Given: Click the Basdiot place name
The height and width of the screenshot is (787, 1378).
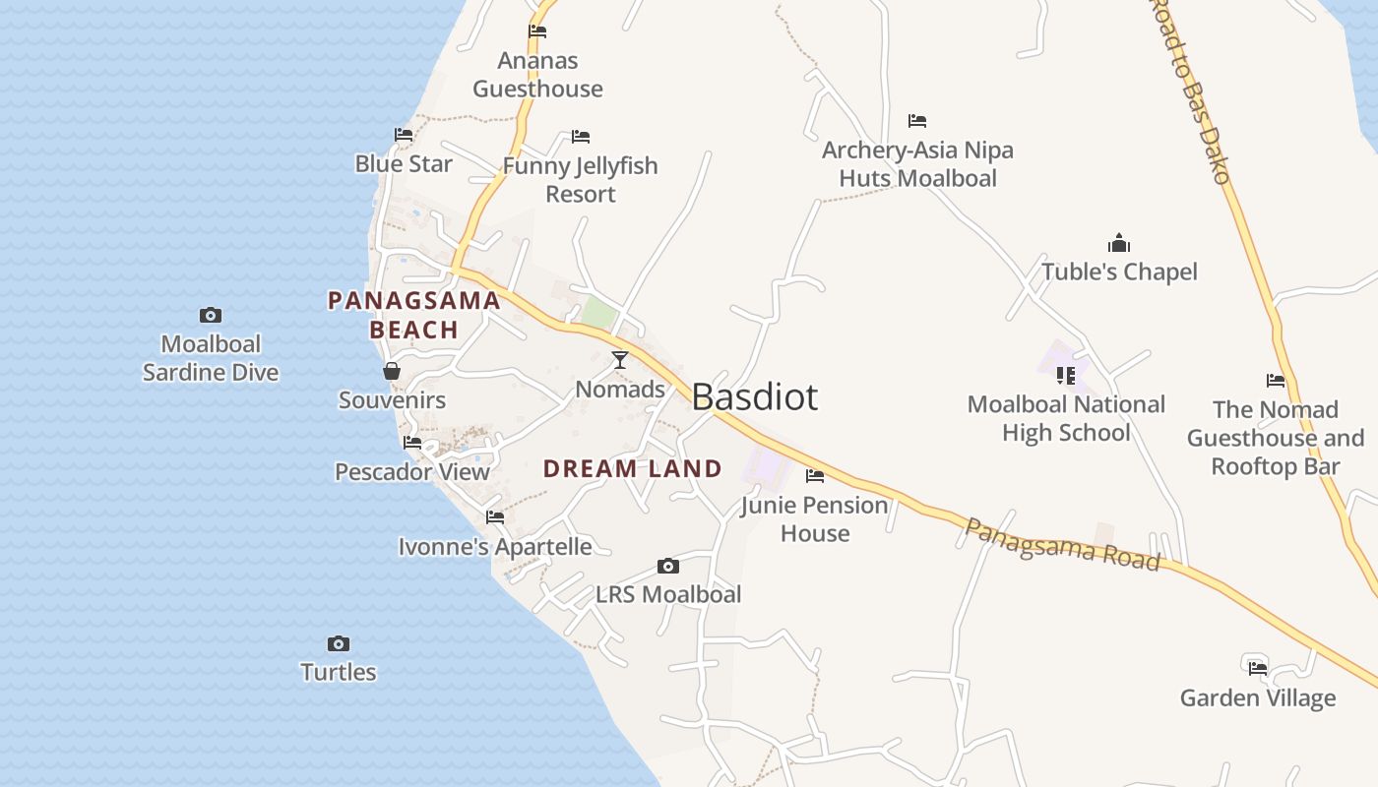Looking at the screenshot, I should click(754, 396).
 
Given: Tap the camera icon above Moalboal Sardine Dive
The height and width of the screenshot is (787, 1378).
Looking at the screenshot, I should click(211, 315).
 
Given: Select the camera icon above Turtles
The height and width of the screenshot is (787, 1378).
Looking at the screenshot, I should click(339, 643).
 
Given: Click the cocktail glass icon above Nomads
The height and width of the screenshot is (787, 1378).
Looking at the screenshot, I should click(620, 360).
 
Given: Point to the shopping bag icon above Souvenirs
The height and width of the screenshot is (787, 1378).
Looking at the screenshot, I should click(392, 371).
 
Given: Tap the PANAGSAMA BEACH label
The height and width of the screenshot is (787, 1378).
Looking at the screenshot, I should click(413, 315).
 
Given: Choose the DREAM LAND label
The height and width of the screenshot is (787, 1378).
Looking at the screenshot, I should click(633, 468).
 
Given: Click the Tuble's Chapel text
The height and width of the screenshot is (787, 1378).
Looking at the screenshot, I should click(1119, 272).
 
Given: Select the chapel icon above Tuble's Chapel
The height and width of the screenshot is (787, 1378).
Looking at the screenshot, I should click(1119, 243).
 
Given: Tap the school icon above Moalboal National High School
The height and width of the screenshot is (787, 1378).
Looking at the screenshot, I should click(1066, 375).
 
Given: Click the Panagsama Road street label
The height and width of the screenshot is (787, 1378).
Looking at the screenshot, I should click(1062, 544).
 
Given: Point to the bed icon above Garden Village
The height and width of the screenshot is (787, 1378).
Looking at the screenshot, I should click(1258, 668).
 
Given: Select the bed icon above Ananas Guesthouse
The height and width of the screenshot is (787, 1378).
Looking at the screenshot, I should click(537, 31).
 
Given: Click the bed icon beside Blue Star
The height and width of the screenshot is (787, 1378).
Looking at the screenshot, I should click(404, 135).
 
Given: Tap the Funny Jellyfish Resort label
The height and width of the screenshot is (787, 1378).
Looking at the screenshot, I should click(580, 179).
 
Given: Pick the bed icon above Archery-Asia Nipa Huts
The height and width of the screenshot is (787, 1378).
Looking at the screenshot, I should click(917, 121).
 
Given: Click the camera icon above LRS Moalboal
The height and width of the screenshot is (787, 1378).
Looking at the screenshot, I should click(668, 566).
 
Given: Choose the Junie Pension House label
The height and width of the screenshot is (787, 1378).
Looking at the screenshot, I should click(815, 518).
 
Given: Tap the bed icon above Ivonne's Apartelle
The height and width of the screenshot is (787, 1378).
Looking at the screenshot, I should click(495, 516).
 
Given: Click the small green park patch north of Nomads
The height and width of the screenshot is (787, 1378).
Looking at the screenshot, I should click(598, 314).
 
